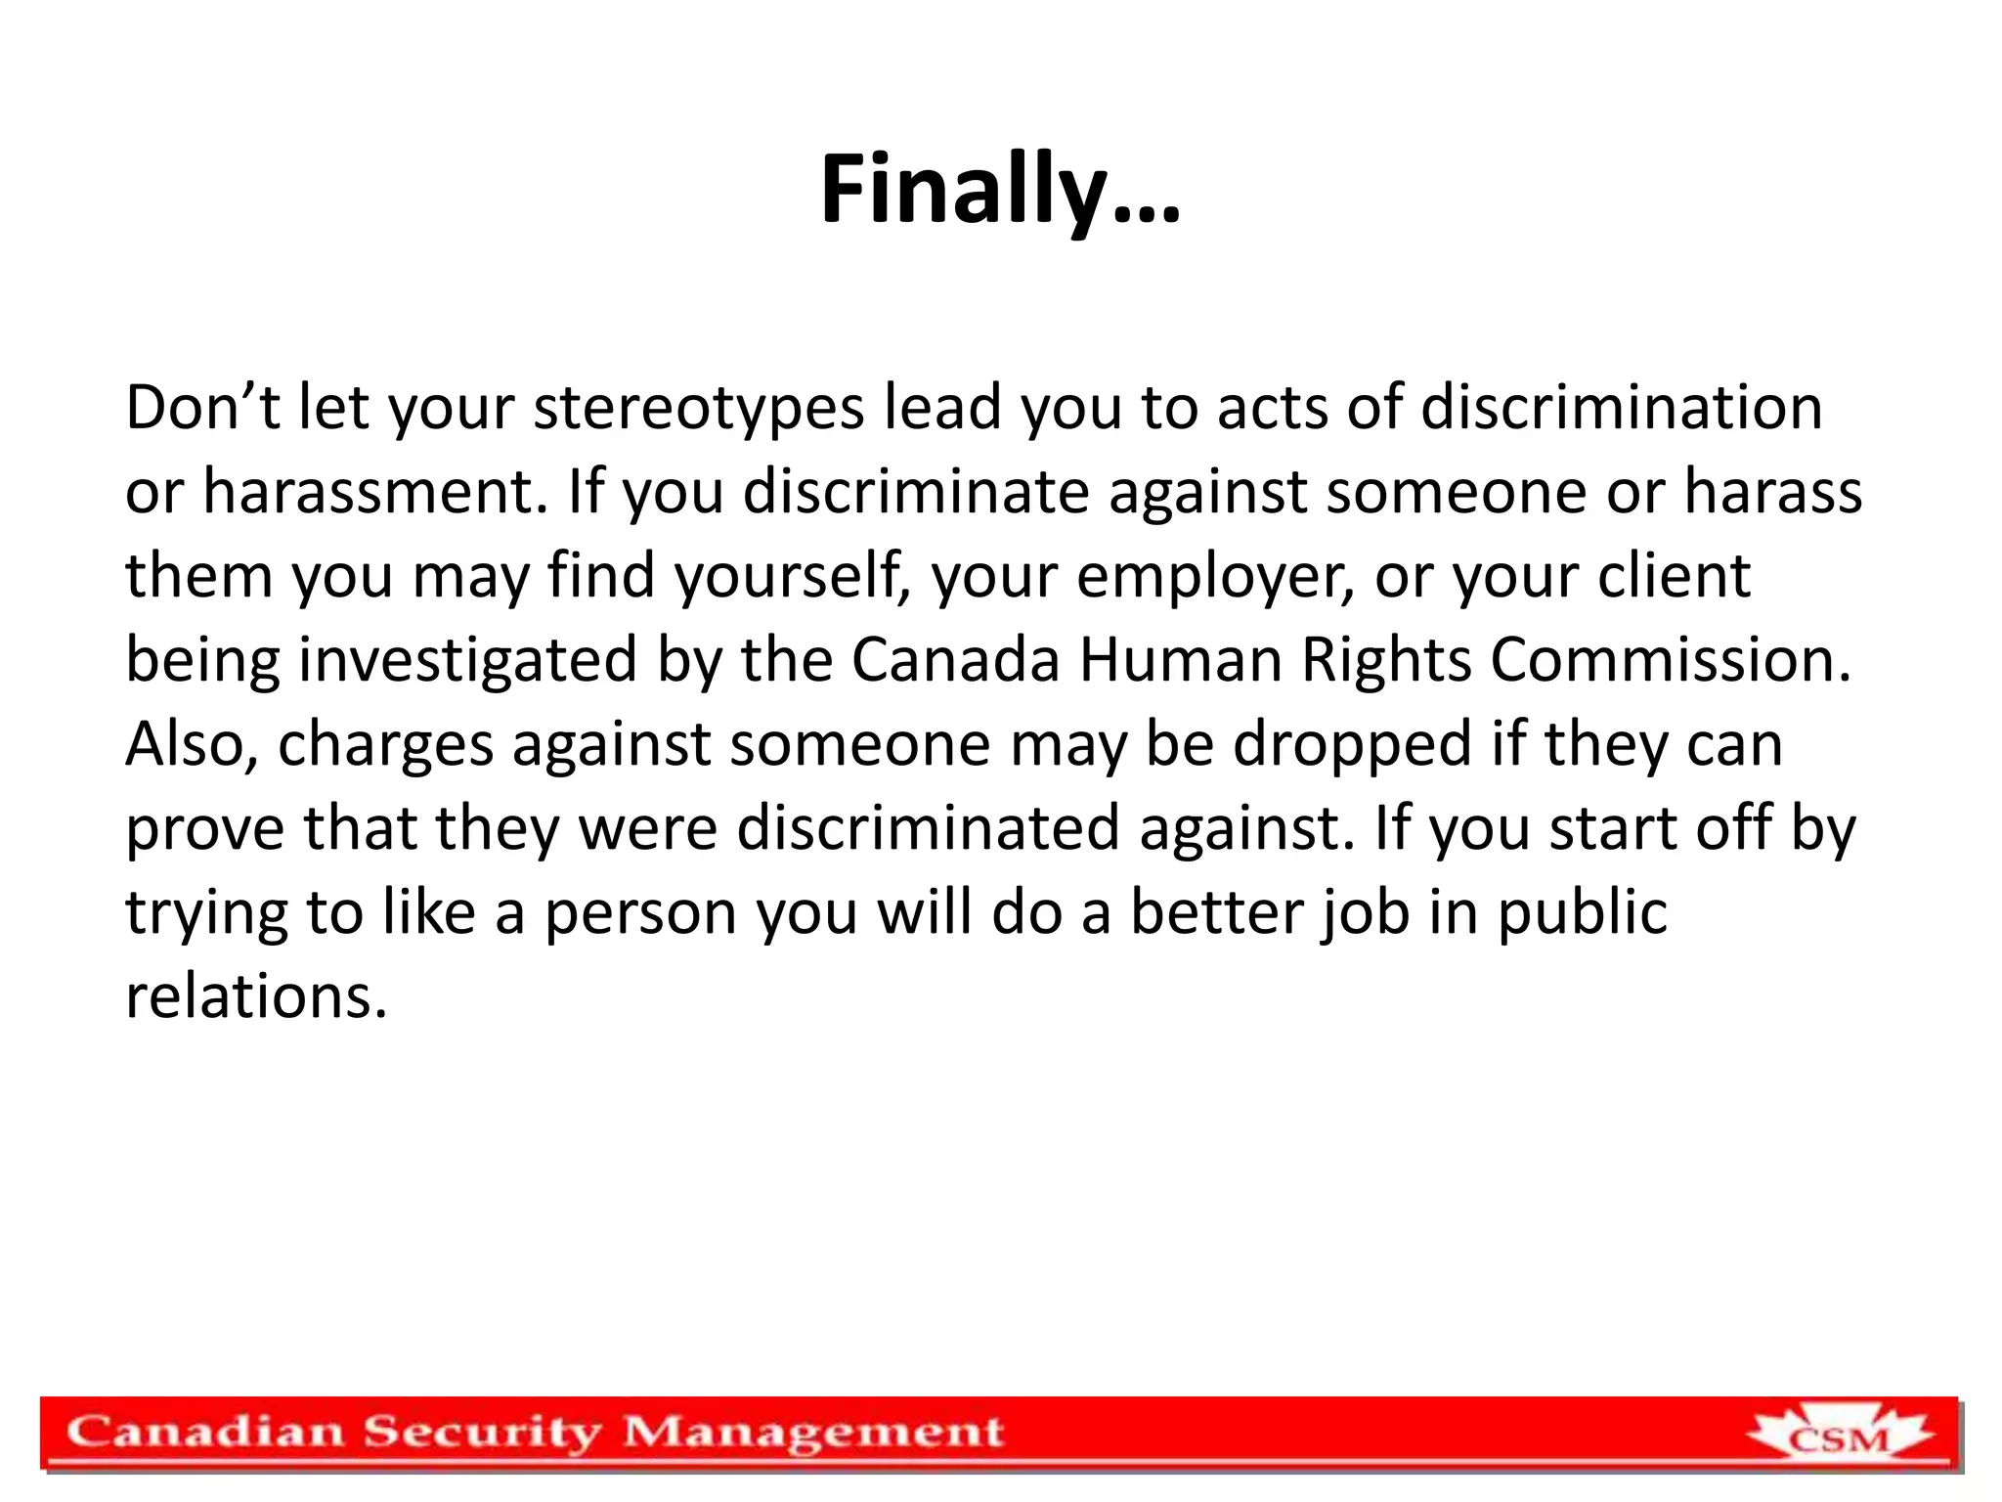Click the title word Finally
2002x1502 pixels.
pyautogui.click(x=999, y=191)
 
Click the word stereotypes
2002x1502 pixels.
pyautogui.click(x=698, y=408)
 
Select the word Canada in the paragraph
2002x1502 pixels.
pyautogui.click(x=955, y=660)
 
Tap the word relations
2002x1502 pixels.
pyautogui.click(x=256, y=997)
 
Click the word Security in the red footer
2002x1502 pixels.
pyautogui.click(x=483, y=1433)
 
